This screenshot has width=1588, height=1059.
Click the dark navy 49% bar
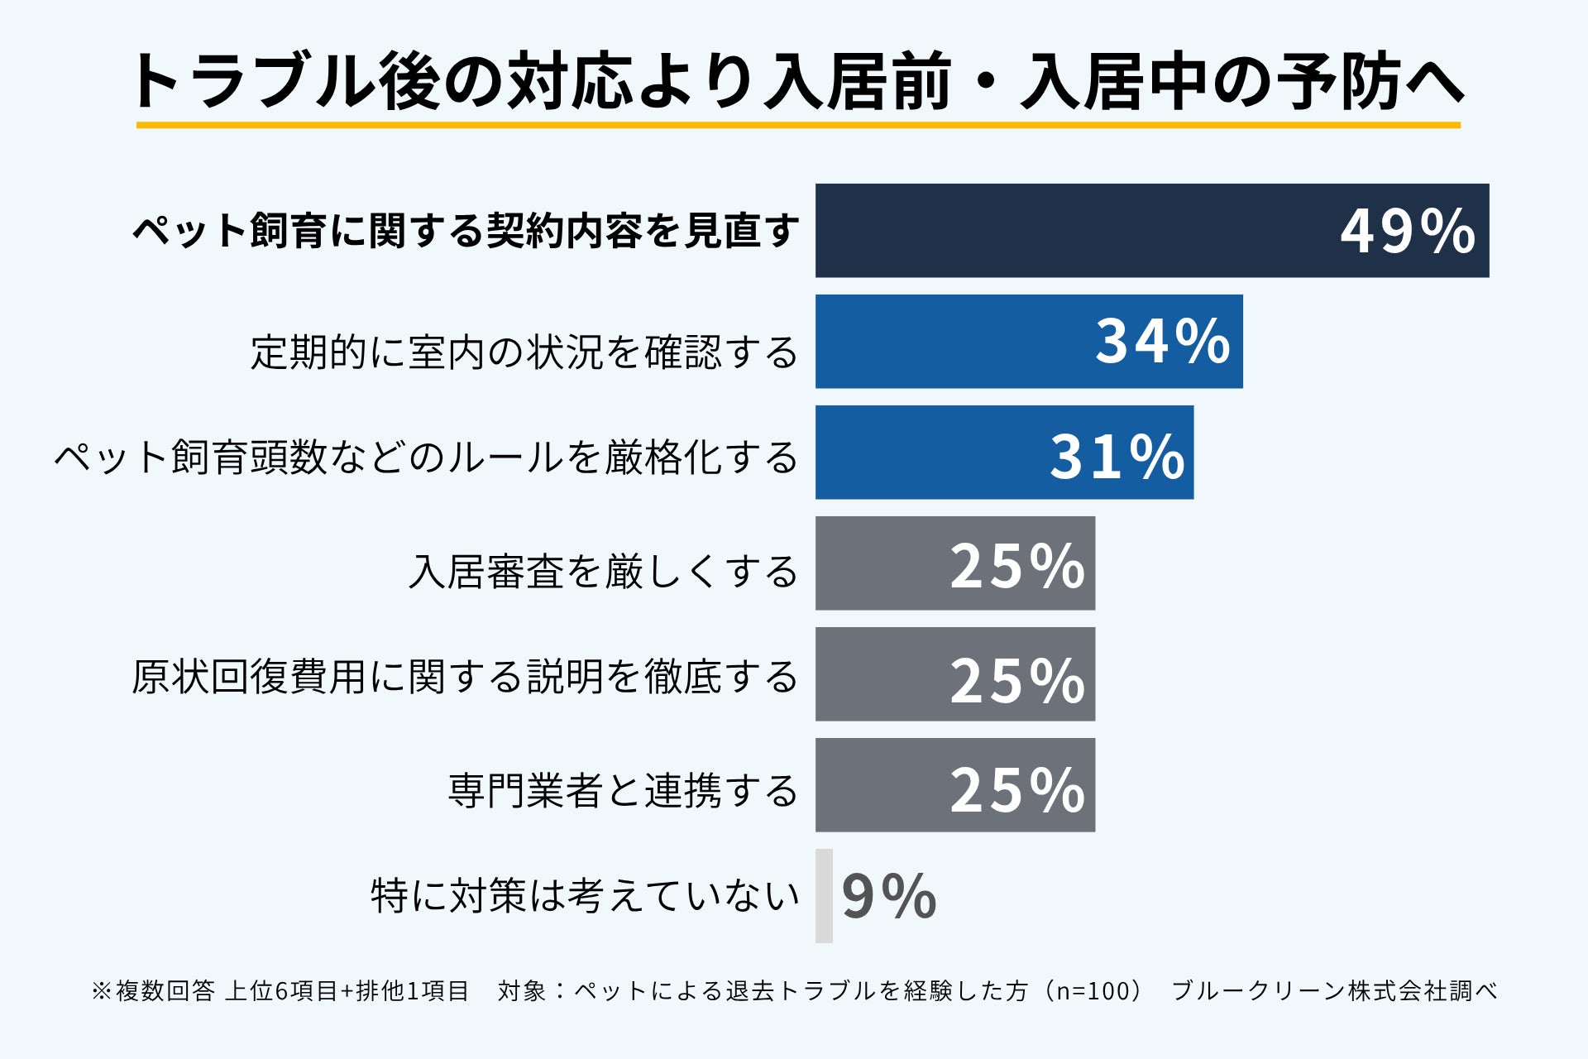(x=1152, y=230)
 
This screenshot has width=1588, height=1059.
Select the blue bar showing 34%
(x=1029, y=341)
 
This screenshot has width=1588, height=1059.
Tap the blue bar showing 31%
(x=1004, y=452)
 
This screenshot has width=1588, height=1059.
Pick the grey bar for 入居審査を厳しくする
(x=955, y=563)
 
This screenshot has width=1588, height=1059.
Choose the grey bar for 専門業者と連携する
(x=955, y=784)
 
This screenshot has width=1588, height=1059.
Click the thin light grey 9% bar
(x=824, y=895)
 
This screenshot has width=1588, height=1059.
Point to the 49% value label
(x=1408, y=231)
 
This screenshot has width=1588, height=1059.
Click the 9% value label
(x=889, y=896)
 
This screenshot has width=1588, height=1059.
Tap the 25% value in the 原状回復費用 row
(x=1017, y=681)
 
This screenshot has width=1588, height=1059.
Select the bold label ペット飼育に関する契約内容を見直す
(x=466, y=230)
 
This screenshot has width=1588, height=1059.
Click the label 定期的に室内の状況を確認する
(x=524, y=352)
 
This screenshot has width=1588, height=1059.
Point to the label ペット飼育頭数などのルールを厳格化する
(x=426, y=457)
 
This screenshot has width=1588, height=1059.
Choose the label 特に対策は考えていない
(x=585, y=895)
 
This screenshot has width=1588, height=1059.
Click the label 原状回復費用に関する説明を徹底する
(x=465, y=676)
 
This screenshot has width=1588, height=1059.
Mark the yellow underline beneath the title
(x=798, y=125)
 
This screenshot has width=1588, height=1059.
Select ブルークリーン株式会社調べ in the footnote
(x=1335, y=990)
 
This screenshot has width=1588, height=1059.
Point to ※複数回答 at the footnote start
(x=153, y=990)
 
